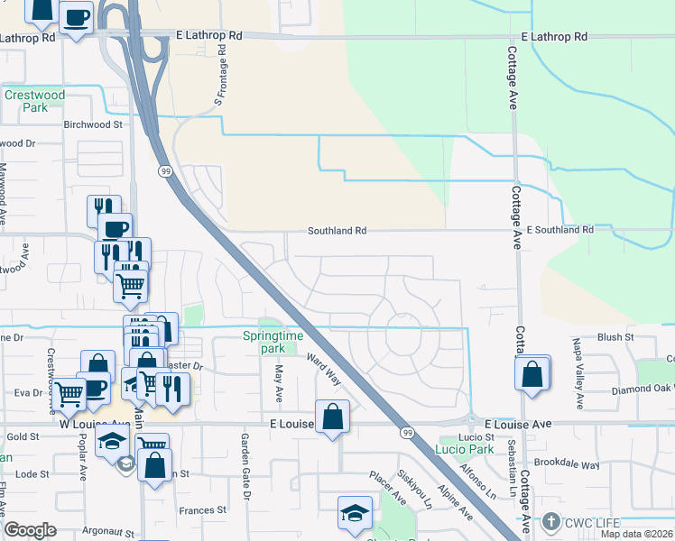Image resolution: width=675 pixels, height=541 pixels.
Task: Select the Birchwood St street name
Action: coord(92,124)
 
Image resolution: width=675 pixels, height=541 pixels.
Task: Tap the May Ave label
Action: coord(279,383)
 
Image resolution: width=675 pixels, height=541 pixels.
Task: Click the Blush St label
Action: coord(616,336)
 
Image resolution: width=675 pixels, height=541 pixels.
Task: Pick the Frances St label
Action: coord(202,510)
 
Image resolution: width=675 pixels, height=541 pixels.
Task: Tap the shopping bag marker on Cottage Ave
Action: coord(532,372)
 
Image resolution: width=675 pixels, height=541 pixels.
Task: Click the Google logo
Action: coord(31,530)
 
